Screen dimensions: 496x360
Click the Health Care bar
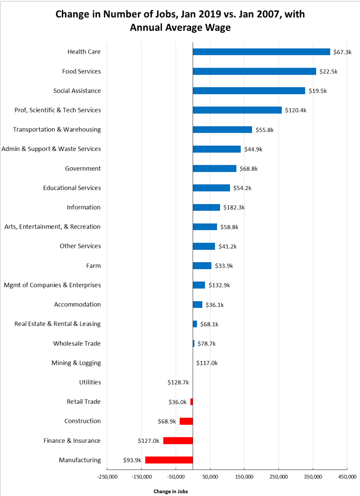click(261, 52)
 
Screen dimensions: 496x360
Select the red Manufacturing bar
click(169, 460)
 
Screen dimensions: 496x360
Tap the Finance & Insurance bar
click(178, 440)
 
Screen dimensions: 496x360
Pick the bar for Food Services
click(254, 71)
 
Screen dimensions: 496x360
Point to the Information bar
click(206, 207)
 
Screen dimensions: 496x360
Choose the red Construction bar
click(186, 421)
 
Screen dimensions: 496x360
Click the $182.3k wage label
click(234, 207)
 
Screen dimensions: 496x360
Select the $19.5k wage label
click(318, 91)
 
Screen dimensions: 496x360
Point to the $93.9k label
click(133, 460)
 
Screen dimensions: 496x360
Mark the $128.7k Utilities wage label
click(178, 382)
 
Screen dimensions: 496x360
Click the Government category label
click(83, 169)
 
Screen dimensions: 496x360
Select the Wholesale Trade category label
click(77, 343)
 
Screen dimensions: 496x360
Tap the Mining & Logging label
click(76, 363)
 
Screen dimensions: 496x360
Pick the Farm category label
click(93, 266)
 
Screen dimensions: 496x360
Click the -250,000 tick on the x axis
click(107, 476)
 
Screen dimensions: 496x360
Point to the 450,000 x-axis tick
click(347, 476)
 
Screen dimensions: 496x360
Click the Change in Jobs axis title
click(171, 491)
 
